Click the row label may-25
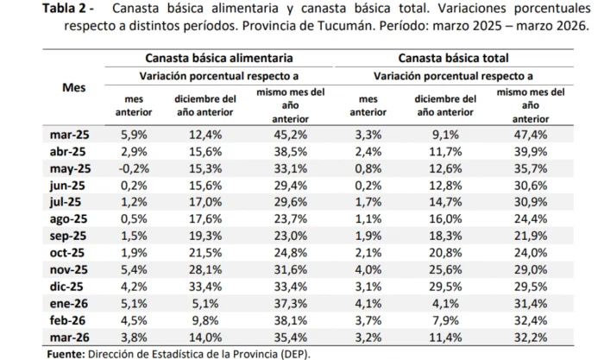[72, 168]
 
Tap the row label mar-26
[72, 337]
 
